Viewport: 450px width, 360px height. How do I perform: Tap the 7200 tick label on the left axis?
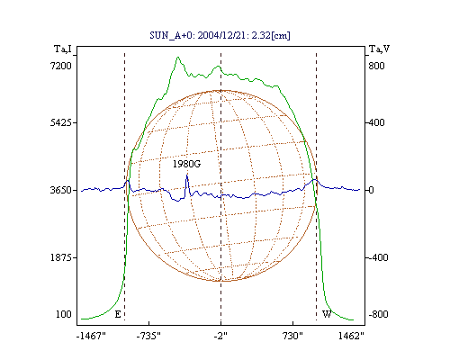(60, 66)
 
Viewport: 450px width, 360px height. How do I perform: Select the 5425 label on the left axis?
(60, 122)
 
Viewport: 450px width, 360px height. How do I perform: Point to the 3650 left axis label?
(60, 190)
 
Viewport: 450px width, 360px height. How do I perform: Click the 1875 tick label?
(60, 257)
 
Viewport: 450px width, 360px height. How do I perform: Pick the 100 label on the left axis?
(64, 314)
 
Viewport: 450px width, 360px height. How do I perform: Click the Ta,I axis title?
(63, 49)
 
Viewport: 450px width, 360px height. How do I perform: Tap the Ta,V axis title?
(379, 49)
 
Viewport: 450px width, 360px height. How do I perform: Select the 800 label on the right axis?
(376, 66)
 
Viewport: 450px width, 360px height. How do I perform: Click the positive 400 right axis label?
(376, 122)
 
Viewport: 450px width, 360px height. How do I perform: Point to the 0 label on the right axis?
(371, 190)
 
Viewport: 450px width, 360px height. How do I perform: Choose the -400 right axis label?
(378, 257)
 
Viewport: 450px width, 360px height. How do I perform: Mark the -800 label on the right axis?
(378, 314)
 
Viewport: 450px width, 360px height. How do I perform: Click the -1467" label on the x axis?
(91, 336)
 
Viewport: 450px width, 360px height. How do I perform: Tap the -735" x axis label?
(148, 336)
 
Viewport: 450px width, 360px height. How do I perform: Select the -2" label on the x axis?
(220, 336)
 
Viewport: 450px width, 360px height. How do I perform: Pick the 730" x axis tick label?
(292, 336)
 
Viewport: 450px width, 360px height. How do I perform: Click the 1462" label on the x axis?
(351, 336)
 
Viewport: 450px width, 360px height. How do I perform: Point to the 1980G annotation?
(186, 164)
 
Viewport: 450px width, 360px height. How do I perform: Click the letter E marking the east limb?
(118, 314)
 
